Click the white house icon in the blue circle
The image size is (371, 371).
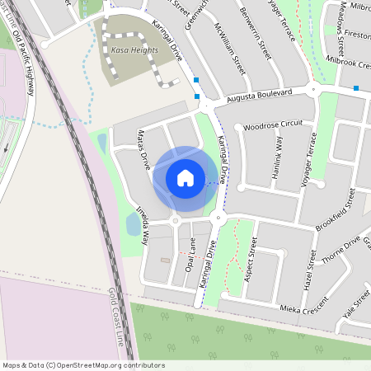pos(185,177)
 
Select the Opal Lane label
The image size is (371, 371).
pos(190,256)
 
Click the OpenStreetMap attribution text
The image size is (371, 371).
pos(83,365)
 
